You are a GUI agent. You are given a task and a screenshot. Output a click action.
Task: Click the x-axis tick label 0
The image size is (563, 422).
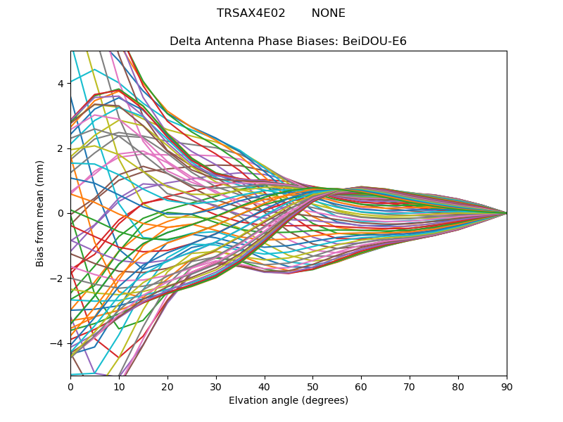pos(70,386)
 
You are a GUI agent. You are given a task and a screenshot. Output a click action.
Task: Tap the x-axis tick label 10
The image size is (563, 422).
pos(119,386)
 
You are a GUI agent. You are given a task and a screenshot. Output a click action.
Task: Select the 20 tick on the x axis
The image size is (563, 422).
pos(167,386)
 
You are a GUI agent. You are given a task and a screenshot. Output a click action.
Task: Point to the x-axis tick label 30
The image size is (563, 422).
pos(216,386)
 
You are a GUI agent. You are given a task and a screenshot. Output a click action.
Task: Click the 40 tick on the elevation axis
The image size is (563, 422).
pos(265,386)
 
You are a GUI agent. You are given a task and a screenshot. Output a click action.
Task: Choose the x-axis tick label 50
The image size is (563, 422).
pos(312,386)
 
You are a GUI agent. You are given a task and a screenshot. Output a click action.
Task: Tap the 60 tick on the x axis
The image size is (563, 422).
pos(361,386)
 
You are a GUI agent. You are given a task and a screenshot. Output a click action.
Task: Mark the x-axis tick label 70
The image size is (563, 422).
pos(410,386)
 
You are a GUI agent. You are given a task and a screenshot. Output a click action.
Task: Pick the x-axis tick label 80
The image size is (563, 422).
pos(458,386)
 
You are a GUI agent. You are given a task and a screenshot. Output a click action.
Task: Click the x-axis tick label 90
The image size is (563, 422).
pos(507,386)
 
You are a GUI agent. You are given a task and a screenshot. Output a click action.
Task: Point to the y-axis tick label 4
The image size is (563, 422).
pos(61,84)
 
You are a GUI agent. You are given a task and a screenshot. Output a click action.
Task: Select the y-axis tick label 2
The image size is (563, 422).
pos(61,148)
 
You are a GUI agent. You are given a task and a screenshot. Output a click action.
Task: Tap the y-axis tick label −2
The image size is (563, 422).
pos(58,278)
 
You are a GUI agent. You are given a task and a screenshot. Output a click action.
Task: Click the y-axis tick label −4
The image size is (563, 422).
pos(58,343)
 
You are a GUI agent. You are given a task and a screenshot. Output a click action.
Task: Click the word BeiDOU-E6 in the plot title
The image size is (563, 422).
pos(374,41)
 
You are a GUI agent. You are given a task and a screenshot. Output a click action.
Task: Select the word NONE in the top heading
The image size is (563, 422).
pos(329,13)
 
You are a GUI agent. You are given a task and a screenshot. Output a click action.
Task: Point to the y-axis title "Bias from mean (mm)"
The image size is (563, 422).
pos(41,212)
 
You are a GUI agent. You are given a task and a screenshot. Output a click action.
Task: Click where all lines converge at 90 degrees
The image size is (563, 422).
pos(507,213)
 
